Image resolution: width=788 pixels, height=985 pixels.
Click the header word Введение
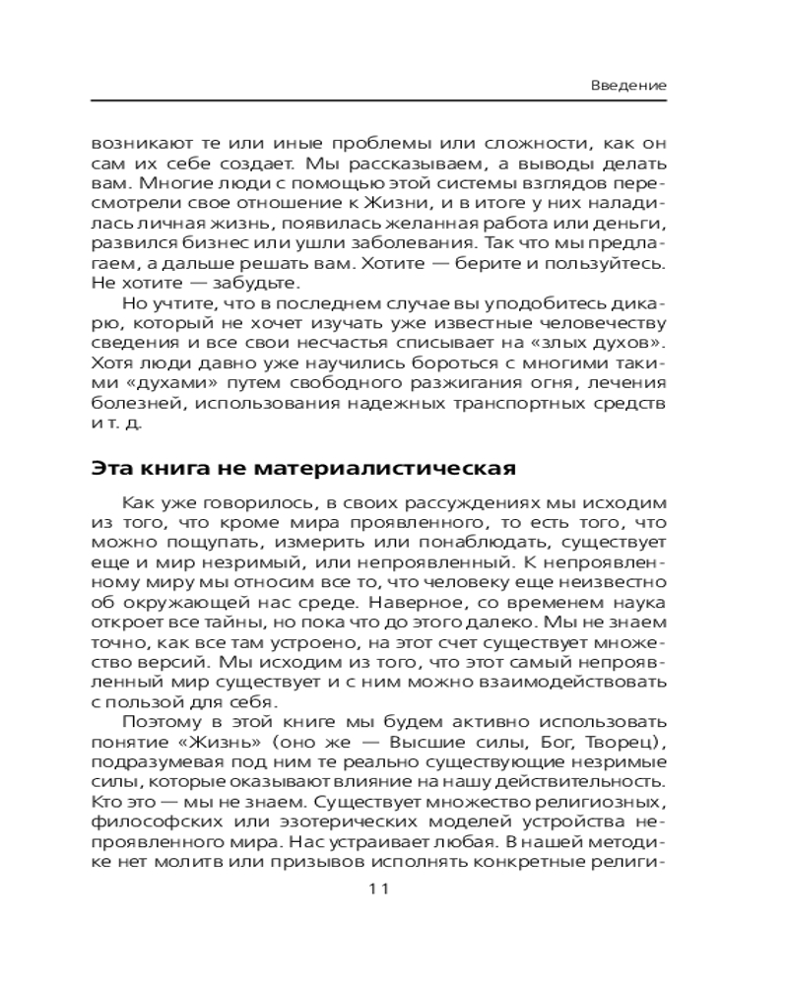628,86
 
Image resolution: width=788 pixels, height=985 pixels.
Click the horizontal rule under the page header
379,100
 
